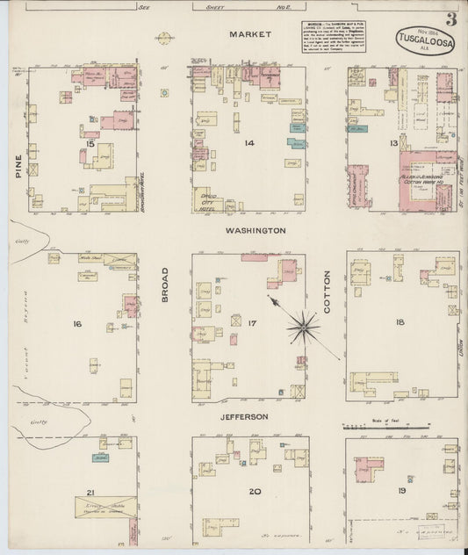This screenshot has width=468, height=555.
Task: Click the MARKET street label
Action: tap(248, 34)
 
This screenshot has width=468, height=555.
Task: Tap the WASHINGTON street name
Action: tap(255, 230)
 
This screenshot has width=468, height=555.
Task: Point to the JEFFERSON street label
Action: tap(243, 416)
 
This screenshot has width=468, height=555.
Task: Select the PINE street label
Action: tap(17, 167)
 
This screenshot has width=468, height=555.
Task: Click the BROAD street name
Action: tap(164, 286)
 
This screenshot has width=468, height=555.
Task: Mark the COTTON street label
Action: tap(327, 299)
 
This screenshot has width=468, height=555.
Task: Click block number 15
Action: tap(90, 143)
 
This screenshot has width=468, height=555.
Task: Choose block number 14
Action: tap(249, 142)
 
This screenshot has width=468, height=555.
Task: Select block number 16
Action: tap(77, 324)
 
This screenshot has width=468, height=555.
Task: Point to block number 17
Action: tap(252, 324)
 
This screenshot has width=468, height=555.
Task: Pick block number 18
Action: tap(400, 323)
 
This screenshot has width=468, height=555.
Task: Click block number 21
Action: tap(90, 493)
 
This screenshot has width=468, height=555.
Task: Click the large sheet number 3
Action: tap(450, 19)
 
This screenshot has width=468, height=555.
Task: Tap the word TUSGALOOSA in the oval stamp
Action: tap(424, 41)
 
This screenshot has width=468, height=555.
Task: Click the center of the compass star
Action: tap(303, 327)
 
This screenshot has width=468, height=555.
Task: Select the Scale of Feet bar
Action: tap(385, 427)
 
